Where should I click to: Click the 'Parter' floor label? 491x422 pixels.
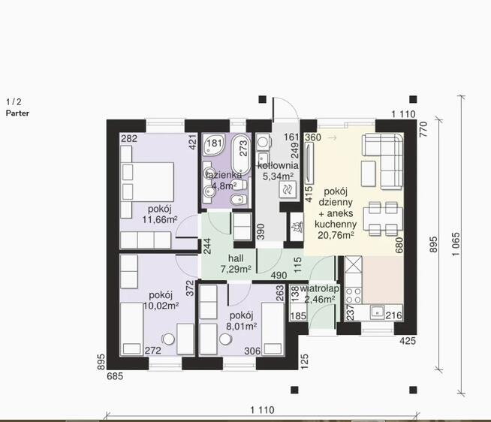coord(17,113)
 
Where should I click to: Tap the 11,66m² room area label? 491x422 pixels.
coord(160,219)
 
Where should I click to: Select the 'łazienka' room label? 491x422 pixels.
coord(223,175)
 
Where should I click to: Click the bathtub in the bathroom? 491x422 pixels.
coord(241,155)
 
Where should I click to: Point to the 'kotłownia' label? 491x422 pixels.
coord(278,165)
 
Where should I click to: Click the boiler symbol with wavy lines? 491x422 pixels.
coord(287,189)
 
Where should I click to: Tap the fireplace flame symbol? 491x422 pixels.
coord(297,227)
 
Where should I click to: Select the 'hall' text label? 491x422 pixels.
coord(236,258)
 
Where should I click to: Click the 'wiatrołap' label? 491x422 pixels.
coord(319,289)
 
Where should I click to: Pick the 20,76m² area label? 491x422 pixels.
coord(336,235)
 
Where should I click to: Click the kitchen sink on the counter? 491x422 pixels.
coord(377,312)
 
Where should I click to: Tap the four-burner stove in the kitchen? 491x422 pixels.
coord(353,295)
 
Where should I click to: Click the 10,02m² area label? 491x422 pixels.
coord(161,306)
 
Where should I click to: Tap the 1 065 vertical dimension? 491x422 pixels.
coord(456,244)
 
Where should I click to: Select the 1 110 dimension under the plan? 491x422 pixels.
coord(263,410)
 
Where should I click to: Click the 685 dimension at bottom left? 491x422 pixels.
coord(115,376)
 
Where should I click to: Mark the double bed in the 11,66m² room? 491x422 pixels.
coord(147,182)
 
